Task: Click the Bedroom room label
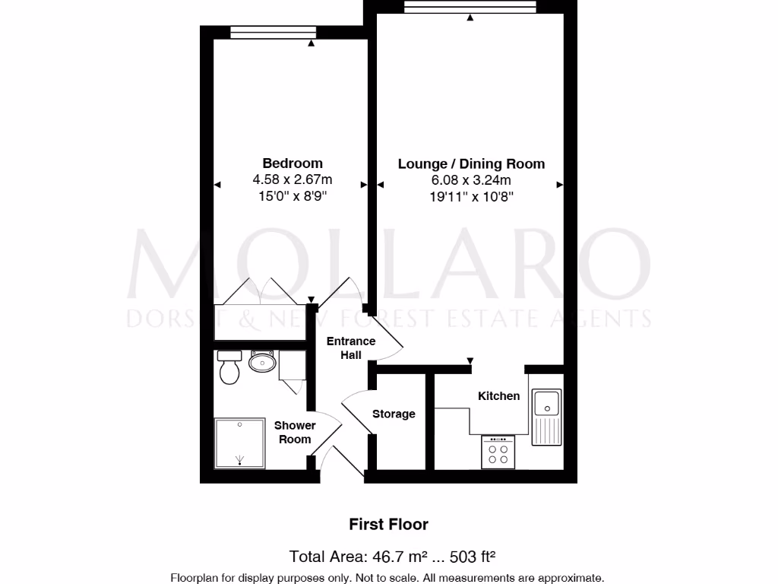click(x=292, y=163)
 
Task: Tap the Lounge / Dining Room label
click(x=471, y=163)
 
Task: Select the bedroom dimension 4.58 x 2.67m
click(x=292, y=180)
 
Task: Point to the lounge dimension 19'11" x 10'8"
click(x=471, y=196)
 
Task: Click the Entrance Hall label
click(x=351, y=348)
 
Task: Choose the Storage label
click(x=394, y=414)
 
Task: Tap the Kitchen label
click(x=498, y=395)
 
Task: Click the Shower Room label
click(x=295, y=433)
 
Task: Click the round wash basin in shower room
click(x=262, y=362)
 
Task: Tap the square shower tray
click(x=239, y=443)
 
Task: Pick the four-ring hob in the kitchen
click(x=498, y=452)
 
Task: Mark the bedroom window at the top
click(x=273, y=32)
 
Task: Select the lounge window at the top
click(x=470, y=8)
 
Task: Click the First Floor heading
click(x=388, y=524)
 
